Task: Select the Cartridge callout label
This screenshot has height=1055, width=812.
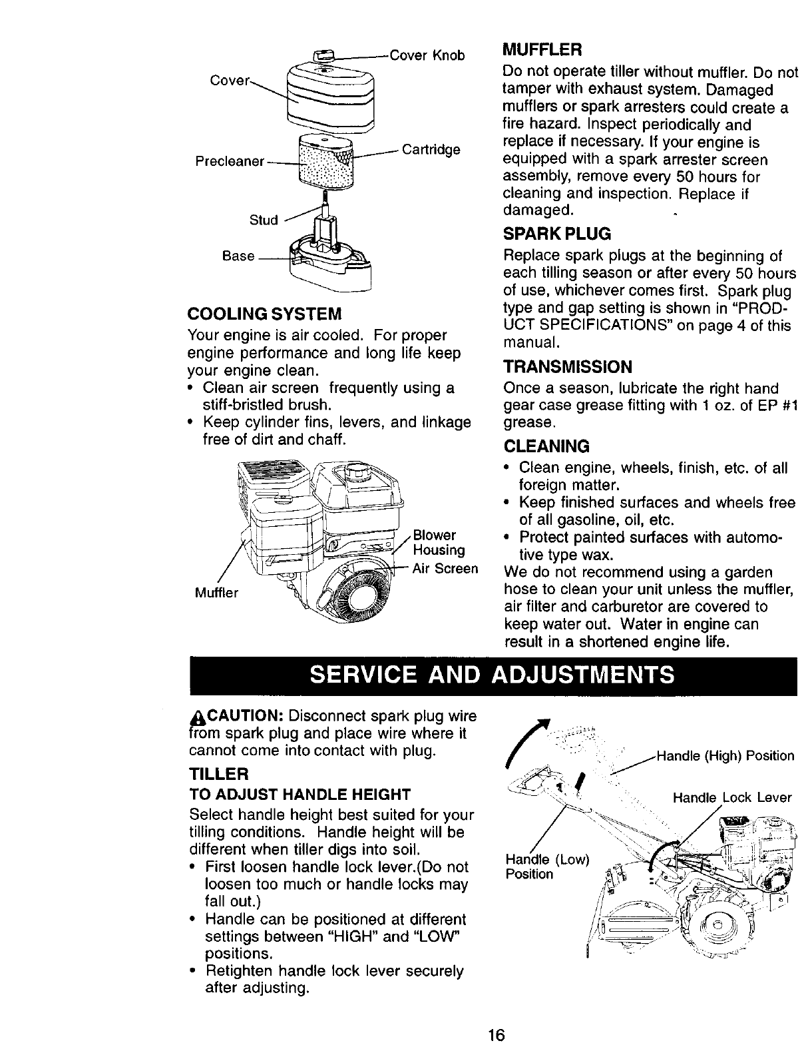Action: coord(431,149)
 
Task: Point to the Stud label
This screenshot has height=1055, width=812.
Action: coord(264,220)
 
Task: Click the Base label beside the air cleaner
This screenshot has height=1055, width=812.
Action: coord(238,256)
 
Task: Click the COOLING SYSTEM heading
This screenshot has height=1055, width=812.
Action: coord(265,313)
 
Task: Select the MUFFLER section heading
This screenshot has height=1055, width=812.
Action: coord(542,50)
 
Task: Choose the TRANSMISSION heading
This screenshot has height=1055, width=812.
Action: coord(567,367)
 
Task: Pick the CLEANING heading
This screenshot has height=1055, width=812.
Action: coord(546,446)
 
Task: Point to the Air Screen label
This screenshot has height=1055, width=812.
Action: coord(445,569)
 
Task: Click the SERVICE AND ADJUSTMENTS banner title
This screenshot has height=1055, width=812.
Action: coord(493,675)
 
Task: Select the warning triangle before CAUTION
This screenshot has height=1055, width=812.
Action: coord(196,717)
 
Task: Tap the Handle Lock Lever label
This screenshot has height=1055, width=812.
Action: coord(732,797)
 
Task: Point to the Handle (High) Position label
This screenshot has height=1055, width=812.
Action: coord(725,756)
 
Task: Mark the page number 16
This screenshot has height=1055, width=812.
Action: coord(496,1035)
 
